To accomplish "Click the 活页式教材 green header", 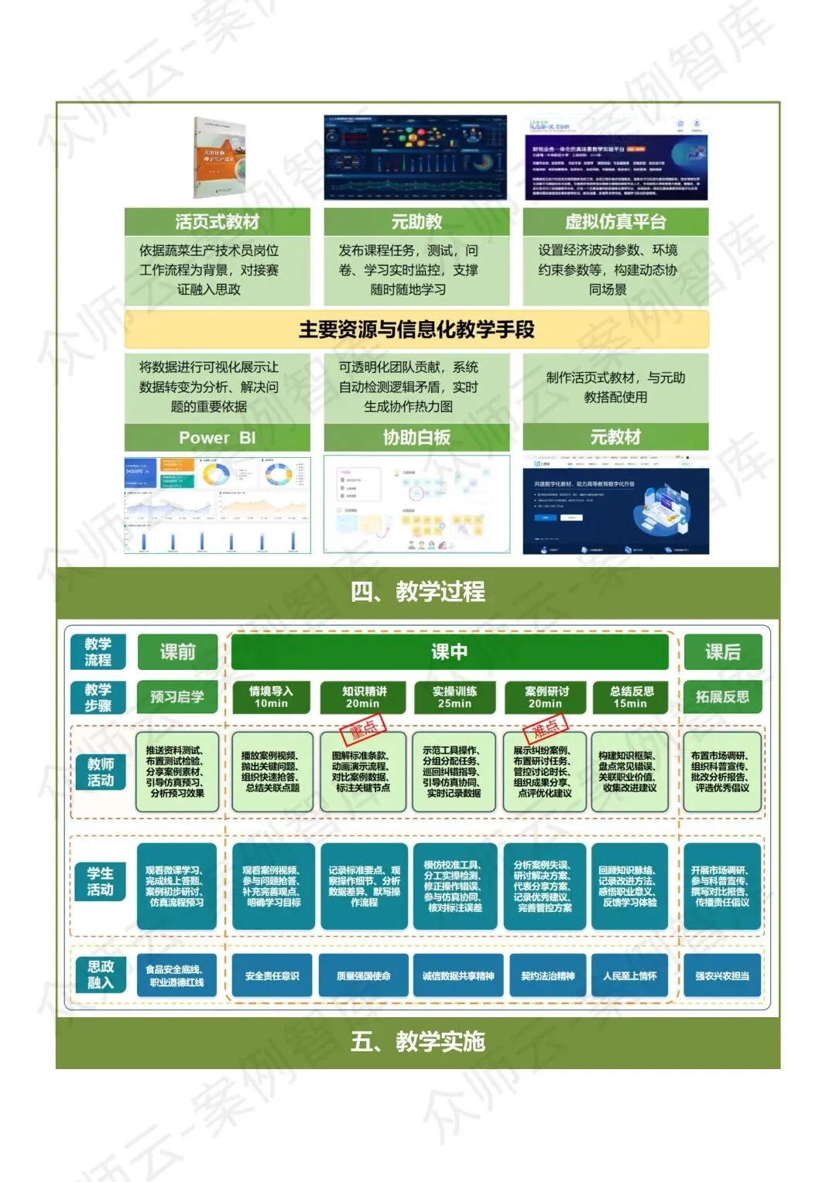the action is (x=217, y=222).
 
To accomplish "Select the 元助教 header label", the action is (x=416, y=222).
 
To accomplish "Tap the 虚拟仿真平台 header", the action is (x=615, y=222).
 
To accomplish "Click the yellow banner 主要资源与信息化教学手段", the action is (x=416, y=330).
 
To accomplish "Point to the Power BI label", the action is (x=217, y=438).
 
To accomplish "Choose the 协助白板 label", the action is (x=416, y=438).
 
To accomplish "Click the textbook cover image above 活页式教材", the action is (x=219, y=159).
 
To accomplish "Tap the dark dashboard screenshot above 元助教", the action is (x=416, y=158).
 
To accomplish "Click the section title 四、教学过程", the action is (x=417, y=592).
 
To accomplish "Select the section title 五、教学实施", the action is (x=417, y=1041).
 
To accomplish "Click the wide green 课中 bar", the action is (x=449, y=652).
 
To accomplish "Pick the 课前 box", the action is (x=177, y=652).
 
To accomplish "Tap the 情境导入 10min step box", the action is (x=271, y=697).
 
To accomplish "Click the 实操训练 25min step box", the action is (x=454, y=697).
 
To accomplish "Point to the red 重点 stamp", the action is (x=363, y=729).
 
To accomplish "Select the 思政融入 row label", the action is (x=100, y=975).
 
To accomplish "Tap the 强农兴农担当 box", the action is (x=722, y=976).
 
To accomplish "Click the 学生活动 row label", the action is (x=100, y=881).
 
